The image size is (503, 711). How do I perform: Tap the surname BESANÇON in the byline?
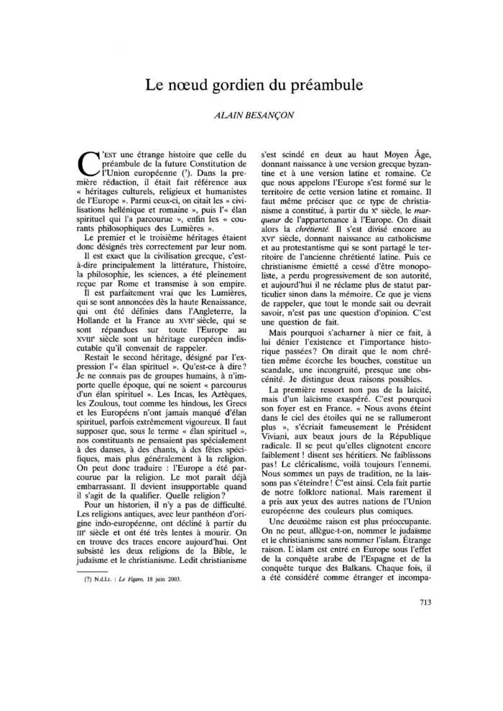(x=277, y=114)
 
